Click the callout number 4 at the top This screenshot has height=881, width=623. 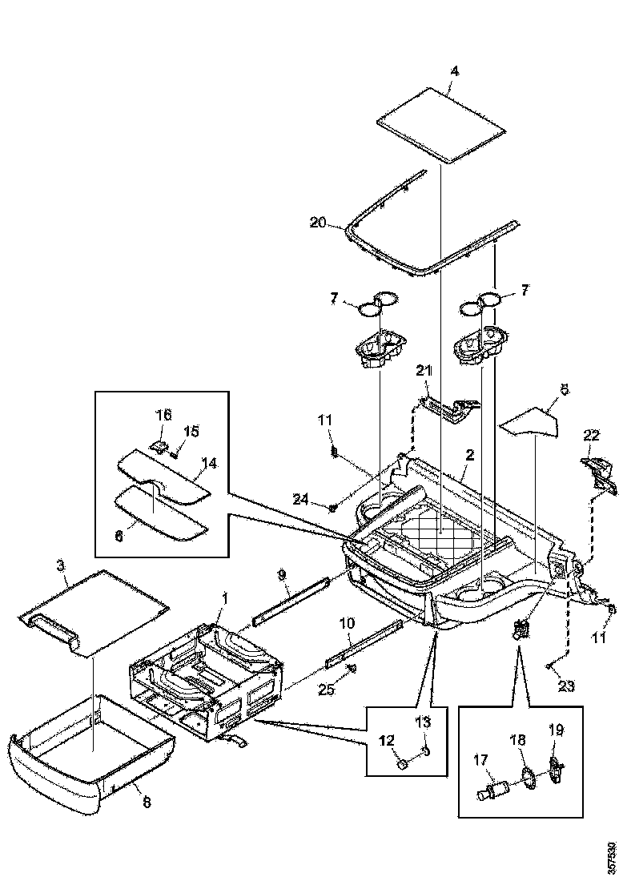(x=454, y=71)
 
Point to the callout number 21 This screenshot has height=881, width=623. (x=424, y=370)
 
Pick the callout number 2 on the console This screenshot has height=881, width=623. (x=469, y=455)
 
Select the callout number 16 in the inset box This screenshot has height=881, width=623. (x=163, y=414)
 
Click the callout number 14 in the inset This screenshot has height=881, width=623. (x=209, y=463)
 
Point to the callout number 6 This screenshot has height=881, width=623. (x=119, y=516)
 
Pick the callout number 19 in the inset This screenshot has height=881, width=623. (x=556, y=730)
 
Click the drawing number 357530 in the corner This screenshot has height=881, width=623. (x=613, y=856)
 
